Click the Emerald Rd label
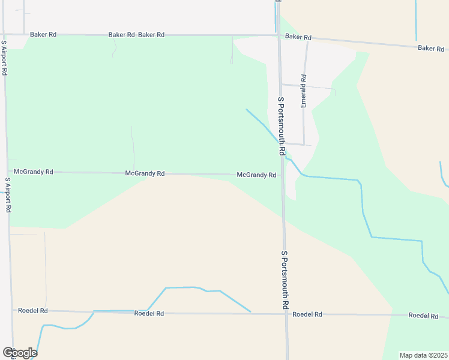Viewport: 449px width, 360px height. [304, 91]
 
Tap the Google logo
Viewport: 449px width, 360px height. [20, 353]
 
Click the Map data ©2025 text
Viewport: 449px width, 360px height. [423, 355]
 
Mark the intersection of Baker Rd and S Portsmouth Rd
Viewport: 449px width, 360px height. [279, 36]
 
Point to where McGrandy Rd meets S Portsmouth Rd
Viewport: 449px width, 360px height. [282, 175]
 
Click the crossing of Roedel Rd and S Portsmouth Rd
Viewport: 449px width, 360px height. [286, 314]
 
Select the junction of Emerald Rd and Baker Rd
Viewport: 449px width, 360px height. [307, 39]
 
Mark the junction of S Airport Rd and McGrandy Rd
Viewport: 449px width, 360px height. [8, 172]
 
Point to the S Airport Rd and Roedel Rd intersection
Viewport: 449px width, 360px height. [11, 310]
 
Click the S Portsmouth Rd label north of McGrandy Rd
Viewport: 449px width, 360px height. [280, 127]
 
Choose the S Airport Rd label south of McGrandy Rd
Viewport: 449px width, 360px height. [8, 196]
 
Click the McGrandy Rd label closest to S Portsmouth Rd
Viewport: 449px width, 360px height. [256, 175]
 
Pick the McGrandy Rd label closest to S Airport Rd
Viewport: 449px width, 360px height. [34, 172]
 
